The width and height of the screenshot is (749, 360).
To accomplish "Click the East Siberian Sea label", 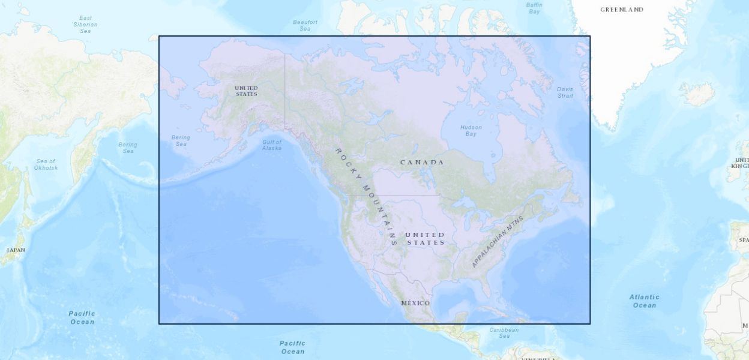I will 85,25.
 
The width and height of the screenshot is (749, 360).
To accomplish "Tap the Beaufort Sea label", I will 305,25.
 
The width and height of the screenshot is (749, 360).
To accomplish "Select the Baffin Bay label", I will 534,8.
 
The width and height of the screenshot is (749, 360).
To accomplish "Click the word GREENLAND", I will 622,10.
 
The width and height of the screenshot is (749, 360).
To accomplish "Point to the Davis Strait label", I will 565,92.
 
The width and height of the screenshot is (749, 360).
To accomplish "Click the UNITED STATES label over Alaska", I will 246,91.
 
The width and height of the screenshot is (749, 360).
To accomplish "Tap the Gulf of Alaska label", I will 271,145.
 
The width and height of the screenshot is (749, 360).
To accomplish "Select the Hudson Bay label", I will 471,130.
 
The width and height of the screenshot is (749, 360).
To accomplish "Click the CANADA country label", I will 422,163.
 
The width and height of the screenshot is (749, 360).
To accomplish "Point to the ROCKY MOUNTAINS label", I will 366,196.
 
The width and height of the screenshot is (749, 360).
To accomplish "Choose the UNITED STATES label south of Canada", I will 426,239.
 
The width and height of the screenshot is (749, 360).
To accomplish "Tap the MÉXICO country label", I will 415,303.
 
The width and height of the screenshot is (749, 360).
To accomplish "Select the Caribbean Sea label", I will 504,333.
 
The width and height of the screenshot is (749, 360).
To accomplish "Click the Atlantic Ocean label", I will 644,301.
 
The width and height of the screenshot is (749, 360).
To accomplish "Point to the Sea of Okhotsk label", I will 46,164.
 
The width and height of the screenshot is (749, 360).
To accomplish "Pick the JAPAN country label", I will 16,250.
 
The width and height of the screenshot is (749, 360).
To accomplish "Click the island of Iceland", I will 697,94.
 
